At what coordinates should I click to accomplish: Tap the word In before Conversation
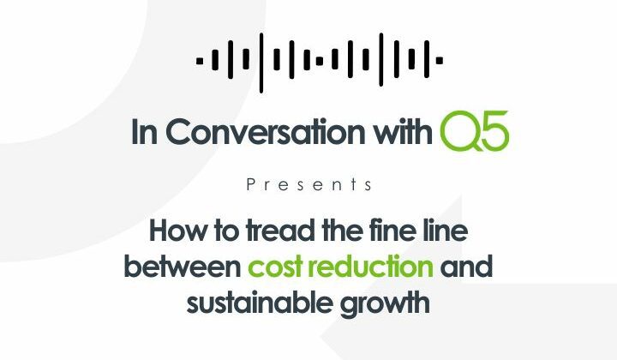pyautogui.click(x=144, y=133)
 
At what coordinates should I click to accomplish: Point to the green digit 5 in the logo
pyautogui.click(x=495, y=132)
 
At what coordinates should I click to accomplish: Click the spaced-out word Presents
pyautogui.click(x=308, y=184)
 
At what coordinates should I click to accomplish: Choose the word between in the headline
pyautogui.click(x=182, y=267)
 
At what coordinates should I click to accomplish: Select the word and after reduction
pyautogui.click(x=467, y=267)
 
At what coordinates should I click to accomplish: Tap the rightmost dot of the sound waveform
pyautogui.click(x=440, y=60)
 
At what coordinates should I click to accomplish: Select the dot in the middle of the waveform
pyautogui.click(x=319, y=60)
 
